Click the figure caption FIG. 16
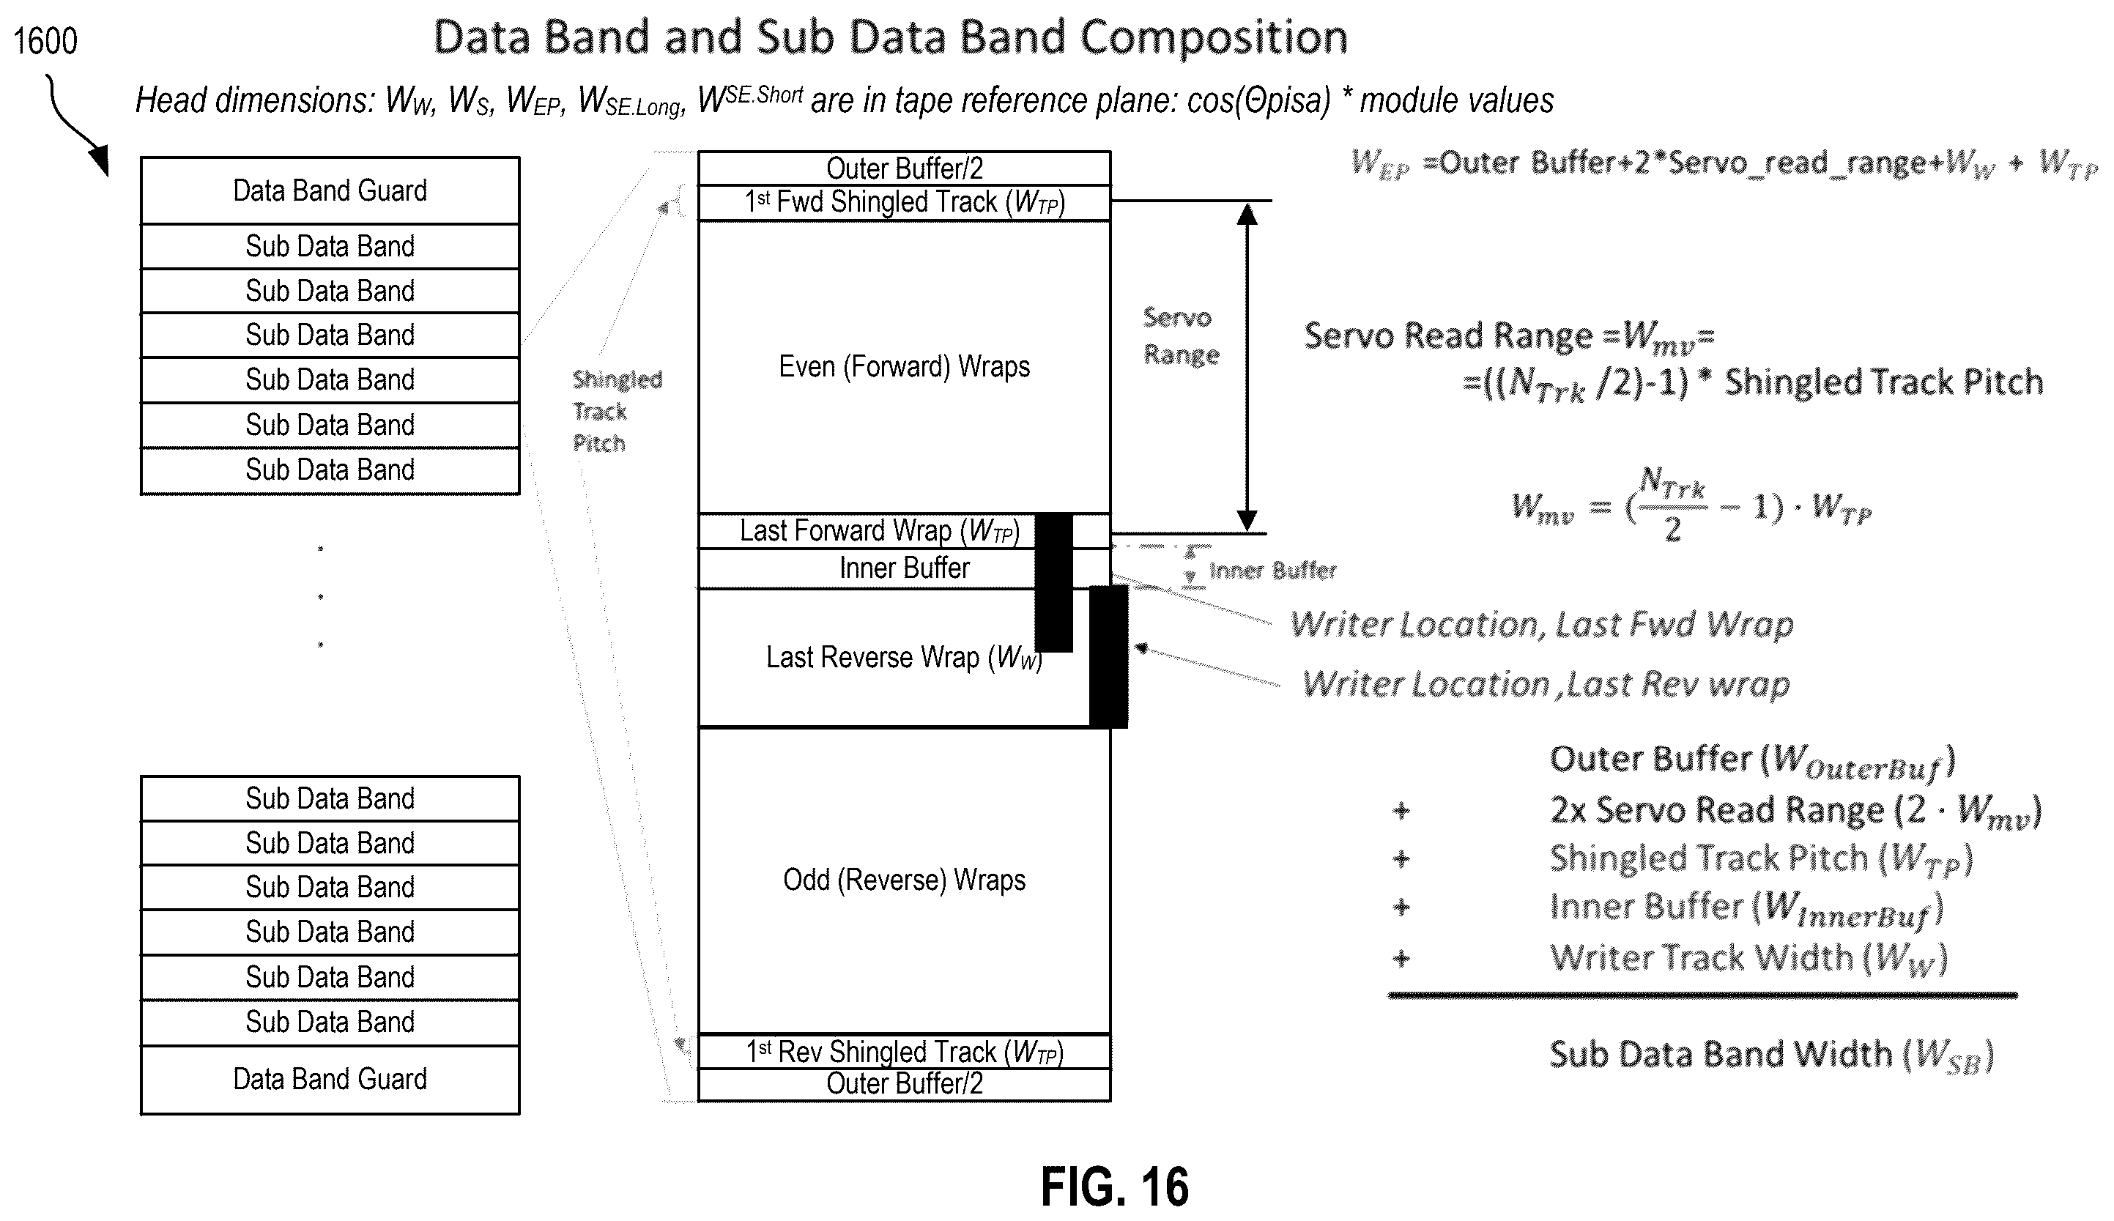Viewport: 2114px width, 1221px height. (x=1114, y=1186)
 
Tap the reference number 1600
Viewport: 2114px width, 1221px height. (x=45, y=41)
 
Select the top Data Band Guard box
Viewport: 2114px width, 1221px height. (x=330, y=190)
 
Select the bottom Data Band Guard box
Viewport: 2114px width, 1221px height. (x=330, y=1080)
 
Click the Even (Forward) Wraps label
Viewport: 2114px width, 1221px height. (x=904, y=366)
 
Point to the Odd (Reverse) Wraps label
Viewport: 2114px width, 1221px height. (x=904, y=880)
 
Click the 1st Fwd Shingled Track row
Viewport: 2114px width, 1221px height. (x=904, y=202)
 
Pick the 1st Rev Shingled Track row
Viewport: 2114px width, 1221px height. (x=904, y=1052)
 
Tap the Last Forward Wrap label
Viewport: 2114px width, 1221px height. (x=879, y=531)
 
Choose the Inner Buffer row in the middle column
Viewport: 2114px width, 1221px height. (x=904, y=568)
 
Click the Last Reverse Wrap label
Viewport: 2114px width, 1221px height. (x=904, y=658)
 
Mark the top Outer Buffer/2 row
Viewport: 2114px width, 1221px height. (x=904, y=168)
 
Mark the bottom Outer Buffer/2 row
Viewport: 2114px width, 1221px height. (x=904, y=1084)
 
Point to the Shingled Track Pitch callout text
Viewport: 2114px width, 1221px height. (x=616, y=411)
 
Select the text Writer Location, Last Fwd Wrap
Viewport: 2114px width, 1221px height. (x=1541, y=625)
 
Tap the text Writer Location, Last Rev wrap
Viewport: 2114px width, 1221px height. (x=1546, y=684)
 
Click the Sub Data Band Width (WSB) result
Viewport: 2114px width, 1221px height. (x=1771, y=1055)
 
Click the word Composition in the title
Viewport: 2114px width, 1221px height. (x=1214, y=39)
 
